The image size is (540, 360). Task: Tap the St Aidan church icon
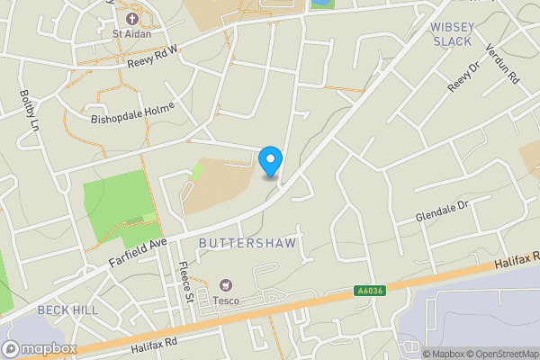pyautogui.click(x=132, y=18)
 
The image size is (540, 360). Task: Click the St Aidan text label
pyautogui.click(x=131, y=34)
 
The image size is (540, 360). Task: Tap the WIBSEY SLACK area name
pyautogui.click(x=452, y=34)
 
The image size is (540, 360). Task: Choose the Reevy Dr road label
pyautogui.click(x=461, y=81)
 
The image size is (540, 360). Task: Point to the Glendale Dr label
pyautogui.click(x=443, y=211)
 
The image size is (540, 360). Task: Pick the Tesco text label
pyautogui.click(x=226, y=300)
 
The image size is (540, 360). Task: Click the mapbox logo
pyautogui.click(x=40, y=348)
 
